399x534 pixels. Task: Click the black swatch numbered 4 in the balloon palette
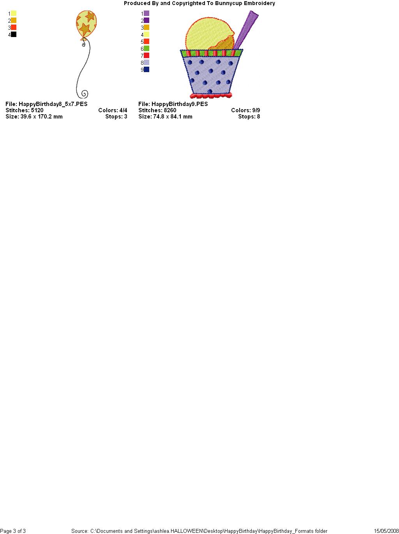pyautogui.click(x=14, y=34)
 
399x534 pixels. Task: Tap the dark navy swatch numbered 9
pyautogui.click(x=147, y=69)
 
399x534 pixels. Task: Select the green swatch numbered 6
pyautogui.click(x=147, y=48)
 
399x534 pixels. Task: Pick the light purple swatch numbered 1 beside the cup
pyautogui.click(x=147, y=13)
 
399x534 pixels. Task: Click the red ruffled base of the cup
pyautogui.click(x=211, y=95)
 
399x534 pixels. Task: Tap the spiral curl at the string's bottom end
pyautogui.click(x=85, y=94)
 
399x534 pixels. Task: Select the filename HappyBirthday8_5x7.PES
pyautogui.click(x=53, y=104)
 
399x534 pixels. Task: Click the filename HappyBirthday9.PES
pyautogui.click(x=180, y=104)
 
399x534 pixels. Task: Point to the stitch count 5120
pyautogui.click(x=37, y=110)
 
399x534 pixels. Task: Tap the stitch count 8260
pyautogui.click(x=170, y=110)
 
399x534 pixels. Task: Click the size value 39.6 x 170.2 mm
pyautogui.click(x=41, y=117)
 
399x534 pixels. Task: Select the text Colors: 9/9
pyautogui.click(x=245, y=110)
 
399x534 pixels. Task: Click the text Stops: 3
pyautogui.click(x=116, y=117)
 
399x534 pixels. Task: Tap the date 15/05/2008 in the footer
pyautogui.click(x=387, y=531)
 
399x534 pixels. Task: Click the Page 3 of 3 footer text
pyautogui.click(x=13, y=531)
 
